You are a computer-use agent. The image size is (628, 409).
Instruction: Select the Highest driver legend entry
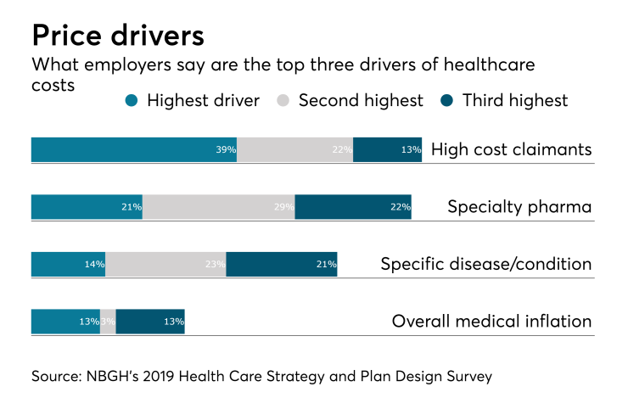pos(193,100)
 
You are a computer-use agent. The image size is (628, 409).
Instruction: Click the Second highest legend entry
pos(350,100)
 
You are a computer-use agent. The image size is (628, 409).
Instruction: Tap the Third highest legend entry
pos(505,100)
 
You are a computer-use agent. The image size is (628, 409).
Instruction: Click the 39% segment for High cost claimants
pos(134,149)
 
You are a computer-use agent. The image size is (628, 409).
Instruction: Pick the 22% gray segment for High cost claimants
pos(294,149)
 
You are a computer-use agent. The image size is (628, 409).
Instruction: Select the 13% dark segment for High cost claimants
pos(387,149)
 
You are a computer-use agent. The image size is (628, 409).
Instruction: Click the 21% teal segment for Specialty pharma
pos(87,206)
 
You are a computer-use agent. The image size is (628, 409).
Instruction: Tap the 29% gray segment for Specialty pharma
pos(219,206)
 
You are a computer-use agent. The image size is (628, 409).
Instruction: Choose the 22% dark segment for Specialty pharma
pos(353,206)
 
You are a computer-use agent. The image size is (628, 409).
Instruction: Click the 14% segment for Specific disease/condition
pos(68,264)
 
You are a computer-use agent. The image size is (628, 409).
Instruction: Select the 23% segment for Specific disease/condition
pos(165,264)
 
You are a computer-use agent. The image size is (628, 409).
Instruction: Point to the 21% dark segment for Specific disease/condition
pos(282,264)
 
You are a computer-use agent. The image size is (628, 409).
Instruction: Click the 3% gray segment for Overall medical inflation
pos(108,322)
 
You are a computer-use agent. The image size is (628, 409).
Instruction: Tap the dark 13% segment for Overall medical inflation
pos(150,322)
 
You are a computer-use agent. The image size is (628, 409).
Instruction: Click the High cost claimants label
pos(511,149)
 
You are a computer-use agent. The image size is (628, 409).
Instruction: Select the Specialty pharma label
pos(519,206)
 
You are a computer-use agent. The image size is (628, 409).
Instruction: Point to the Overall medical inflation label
pos(491,322)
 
